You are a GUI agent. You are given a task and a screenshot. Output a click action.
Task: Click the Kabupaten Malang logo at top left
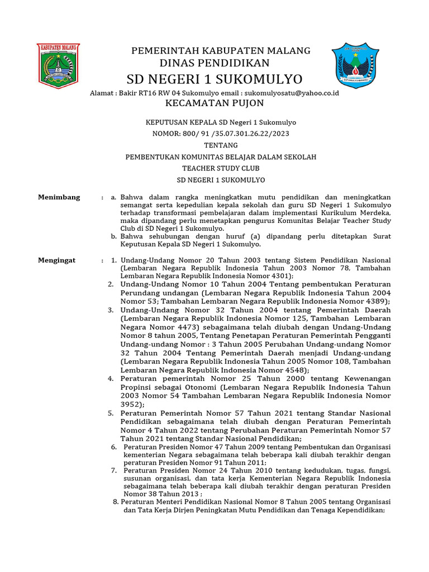click(58, 65)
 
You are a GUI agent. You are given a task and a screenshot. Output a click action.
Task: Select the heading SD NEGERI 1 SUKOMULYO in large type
click(214, 78)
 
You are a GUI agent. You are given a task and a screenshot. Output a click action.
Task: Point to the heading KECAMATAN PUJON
click(215, 103)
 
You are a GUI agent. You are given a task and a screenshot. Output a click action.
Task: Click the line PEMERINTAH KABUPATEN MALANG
click(221, 51)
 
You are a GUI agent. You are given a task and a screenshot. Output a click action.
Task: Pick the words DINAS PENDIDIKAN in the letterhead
click(214, 63)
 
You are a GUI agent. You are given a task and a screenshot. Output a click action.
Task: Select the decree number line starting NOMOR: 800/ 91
click(221, 134)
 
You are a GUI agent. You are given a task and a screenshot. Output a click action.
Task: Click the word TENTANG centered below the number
click(221, 145)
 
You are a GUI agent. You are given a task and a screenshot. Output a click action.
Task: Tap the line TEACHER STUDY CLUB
click(221, 168)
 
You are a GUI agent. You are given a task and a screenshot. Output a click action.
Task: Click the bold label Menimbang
click(59, 197)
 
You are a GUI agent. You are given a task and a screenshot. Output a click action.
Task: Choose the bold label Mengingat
click(56, 260)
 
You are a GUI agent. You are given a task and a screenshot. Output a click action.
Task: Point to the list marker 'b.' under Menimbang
click(113, 236)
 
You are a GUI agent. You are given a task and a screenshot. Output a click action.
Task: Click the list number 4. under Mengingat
click(111, 379)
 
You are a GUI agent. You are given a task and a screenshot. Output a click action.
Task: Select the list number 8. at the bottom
click(116, 502)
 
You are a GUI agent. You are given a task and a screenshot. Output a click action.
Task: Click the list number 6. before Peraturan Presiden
click(114, 447)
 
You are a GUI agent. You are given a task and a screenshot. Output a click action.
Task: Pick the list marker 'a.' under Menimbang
click(113, 197)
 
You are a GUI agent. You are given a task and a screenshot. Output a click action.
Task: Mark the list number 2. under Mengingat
click(111, 284)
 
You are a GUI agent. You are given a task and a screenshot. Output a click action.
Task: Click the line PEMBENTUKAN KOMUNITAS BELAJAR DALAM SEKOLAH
click(221, 157)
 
